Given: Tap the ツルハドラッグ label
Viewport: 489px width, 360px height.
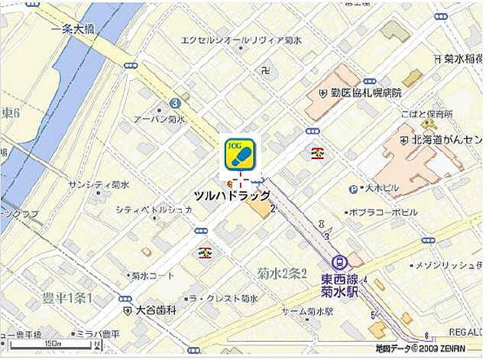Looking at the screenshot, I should pyautogui.click(x=232, y=196).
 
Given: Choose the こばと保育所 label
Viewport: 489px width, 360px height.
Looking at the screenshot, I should pyautogui.click(x=426, y=114).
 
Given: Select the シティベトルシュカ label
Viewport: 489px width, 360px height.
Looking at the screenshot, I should pyautogui.click(x=154, y=209).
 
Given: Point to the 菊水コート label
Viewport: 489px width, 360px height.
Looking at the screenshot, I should pyautogui.click(x=153, y=276).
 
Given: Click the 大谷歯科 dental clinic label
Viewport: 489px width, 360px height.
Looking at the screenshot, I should pyautogui.click(x=156, y=311).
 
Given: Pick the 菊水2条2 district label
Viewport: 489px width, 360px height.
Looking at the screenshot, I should pyautogui.click(x=281, y=273).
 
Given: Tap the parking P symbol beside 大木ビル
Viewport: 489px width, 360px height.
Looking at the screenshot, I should pyautogui.click(x=352, y=189).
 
